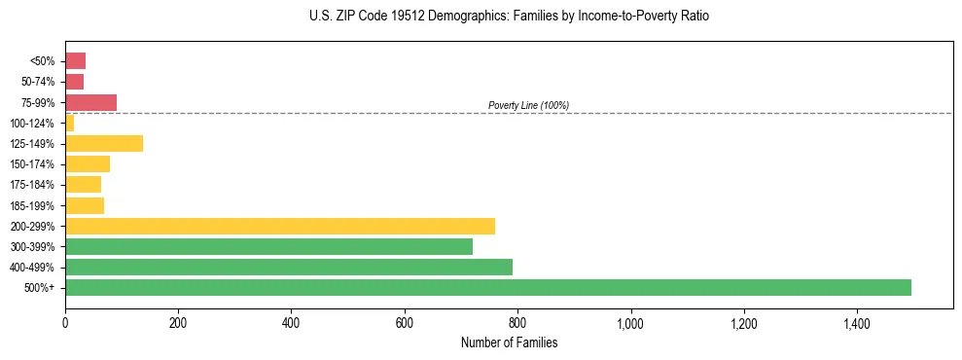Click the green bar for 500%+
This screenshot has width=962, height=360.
(x=487, y=287)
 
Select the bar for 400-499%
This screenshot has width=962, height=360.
(x=289, y=267)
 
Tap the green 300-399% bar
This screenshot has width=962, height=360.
(x=268, y=246)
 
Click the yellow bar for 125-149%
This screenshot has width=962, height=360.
(x=104, y=143)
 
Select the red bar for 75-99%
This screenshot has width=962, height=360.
(x=90, y=102)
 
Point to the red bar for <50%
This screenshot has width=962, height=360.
(x=75, y=61)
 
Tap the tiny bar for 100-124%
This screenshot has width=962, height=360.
(x=69, y=123)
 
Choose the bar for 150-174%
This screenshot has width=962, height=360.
(x=88, y=163)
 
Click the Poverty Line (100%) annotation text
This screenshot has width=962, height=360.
(x=528, y=105)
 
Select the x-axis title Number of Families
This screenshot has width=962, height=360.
(x=509, y=342)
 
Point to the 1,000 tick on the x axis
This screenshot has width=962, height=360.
(x=630, y=322)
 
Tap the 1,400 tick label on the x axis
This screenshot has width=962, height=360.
(x=857, y=322)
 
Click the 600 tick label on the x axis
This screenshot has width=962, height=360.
(x=405, y=322)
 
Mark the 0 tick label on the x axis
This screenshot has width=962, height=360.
(x=65, y=322)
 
